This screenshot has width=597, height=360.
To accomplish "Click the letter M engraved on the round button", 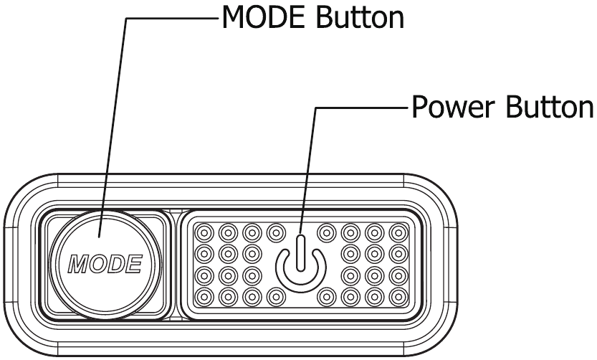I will click(x=77, y=264).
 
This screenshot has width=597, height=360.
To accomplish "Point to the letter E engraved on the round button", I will click(x=133, y=264).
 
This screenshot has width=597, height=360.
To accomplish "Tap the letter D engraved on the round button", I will click(x=115, y=264).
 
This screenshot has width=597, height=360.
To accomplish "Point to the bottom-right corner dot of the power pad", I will click(x=398, y=295).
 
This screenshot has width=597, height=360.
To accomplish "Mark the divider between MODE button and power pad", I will click(x=176, y=264).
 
